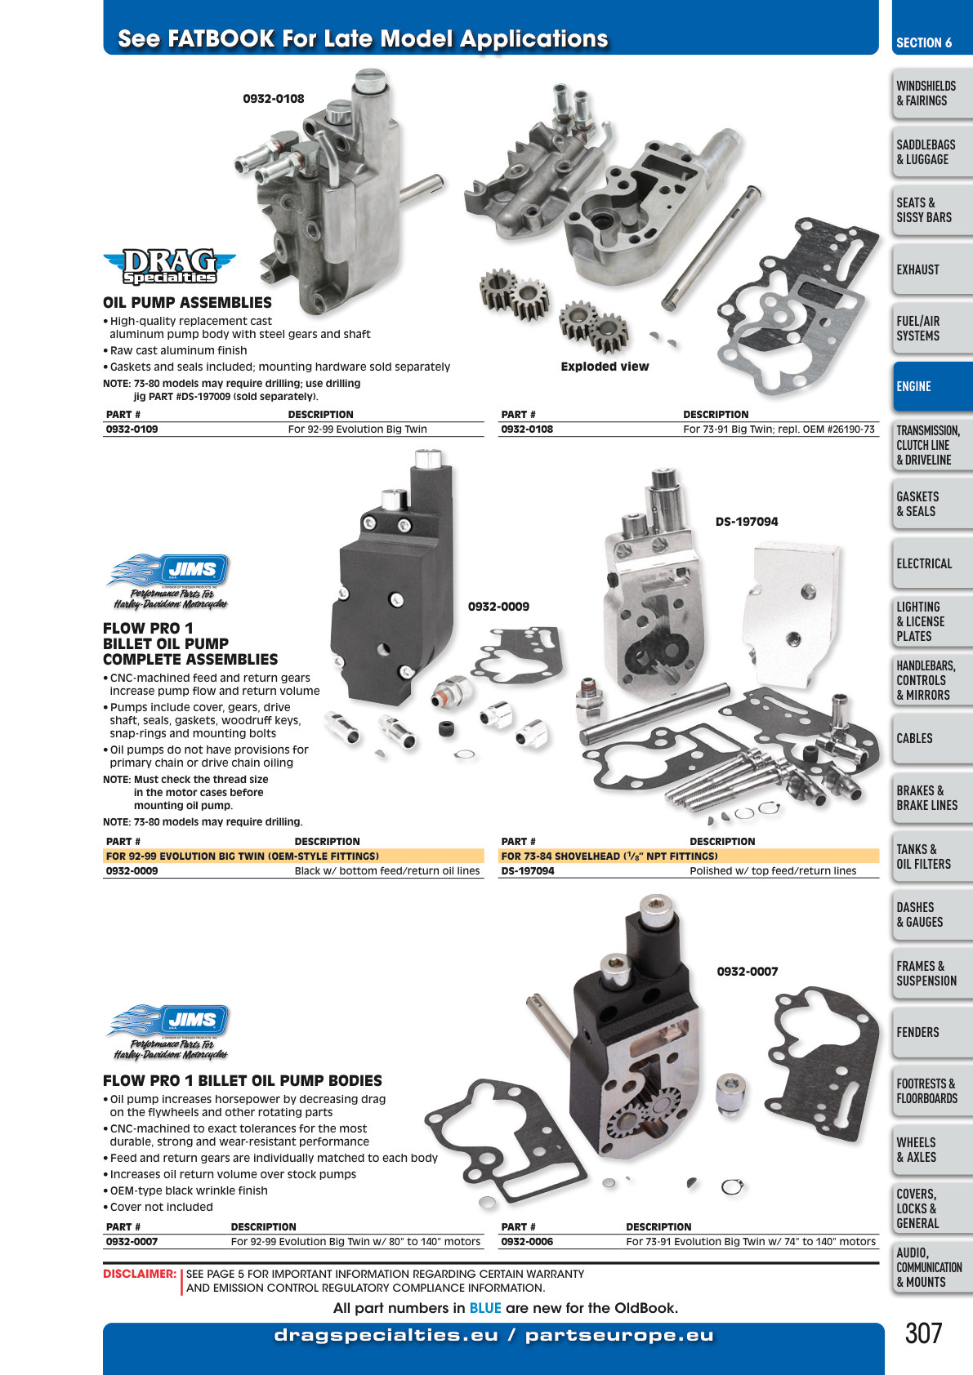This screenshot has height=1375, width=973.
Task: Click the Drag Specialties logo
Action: pos(170,266)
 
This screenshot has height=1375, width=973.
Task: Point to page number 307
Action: pos(923,1333)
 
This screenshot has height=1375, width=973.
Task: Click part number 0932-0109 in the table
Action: pos(132,429)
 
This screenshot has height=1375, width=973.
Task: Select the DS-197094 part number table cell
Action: pos(528,870)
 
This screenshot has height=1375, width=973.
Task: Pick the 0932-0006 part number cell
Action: pos(527,1241)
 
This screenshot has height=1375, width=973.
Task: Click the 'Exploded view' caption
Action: pos(605,367)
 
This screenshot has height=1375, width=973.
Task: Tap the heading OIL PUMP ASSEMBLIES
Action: pos(187,303)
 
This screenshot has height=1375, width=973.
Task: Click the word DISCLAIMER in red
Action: pos(140,1274)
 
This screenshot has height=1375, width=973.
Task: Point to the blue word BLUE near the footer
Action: pos(485,1308)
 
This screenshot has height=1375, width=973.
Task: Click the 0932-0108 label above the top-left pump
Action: pos(274,99)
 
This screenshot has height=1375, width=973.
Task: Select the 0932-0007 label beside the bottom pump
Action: pos(748,972)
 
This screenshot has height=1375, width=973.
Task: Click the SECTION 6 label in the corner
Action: pos(924,43)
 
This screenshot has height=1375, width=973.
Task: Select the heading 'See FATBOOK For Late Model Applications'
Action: pos(363,38)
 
